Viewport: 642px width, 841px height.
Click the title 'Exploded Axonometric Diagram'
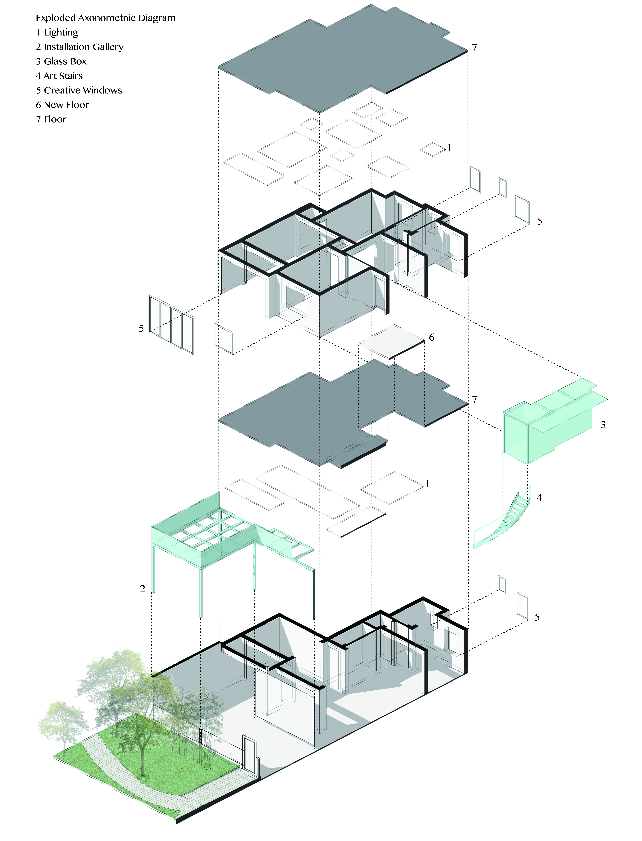(x=105, y=18)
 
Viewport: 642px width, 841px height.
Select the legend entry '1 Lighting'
(x=57, y=32)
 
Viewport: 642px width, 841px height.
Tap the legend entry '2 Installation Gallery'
(x=79, y=47)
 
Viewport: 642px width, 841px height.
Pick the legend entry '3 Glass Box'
(x=61, y=62)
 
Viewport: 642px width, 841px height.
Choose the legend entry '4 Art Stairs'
(x=59, y=76)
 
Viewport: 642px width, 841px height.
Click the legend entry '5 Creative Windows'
(x=79, y=91)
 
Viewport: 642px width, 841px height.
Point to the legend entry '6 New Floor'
(x=62, y=105)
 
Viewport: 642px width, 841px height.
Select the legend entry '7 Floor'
(x=51, y=120)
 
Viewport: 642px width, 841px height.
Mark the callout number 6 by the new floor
(x=431, y=337)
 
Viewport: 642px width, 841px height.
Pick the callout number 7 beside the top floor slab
(x=474, y=48)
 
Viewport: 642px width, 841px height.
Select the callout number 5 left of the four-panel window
(x=141, y=329)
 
